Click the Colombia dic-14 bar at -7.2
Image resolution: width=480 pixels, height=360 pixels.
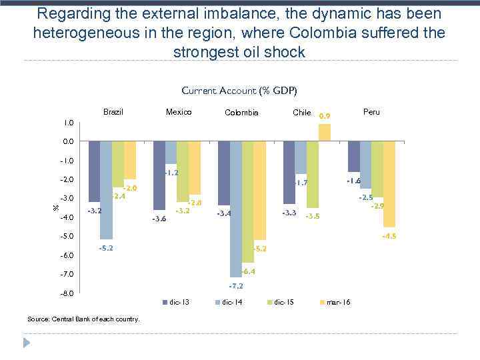236,209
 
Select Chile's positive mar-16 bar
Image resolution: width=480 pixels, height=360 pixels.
324,133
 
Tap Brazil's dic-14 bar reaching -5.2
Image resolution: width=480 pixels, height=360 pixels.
106,190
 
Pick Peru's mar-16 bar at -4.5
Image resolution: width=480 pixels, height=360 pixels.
389,184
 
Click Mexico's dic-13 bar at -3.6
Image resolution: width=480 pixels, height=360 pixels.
159,175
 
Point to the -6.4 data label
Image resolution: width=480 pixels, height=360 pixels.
248,271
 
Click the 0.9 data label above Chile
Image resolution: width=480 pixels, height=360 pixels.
325,116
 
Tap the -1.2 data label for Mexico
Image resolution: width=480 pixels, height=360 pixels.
171,173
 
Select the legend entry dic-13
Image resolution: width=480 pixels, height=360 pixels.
176,303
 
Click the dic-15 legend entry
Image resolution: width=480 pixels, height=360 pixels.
283,303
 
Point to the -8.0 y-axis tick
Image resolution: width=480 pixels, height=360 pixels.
67,293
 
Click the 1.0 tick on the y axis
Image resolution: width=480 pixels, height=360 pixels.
69,123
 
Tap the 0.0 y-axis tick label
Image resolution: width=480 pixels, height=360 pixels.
69,142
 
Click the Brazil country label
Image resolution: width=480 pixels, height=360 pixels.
113,112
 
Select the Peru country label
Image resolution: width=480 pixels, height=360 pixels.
371,112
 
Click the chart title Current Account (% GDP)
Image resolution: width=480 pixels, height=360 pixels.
239,91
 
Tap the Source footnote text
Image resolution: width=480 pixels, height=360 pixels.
83,319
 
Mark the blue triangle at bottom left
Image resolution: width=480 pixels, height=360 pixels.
27,343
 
